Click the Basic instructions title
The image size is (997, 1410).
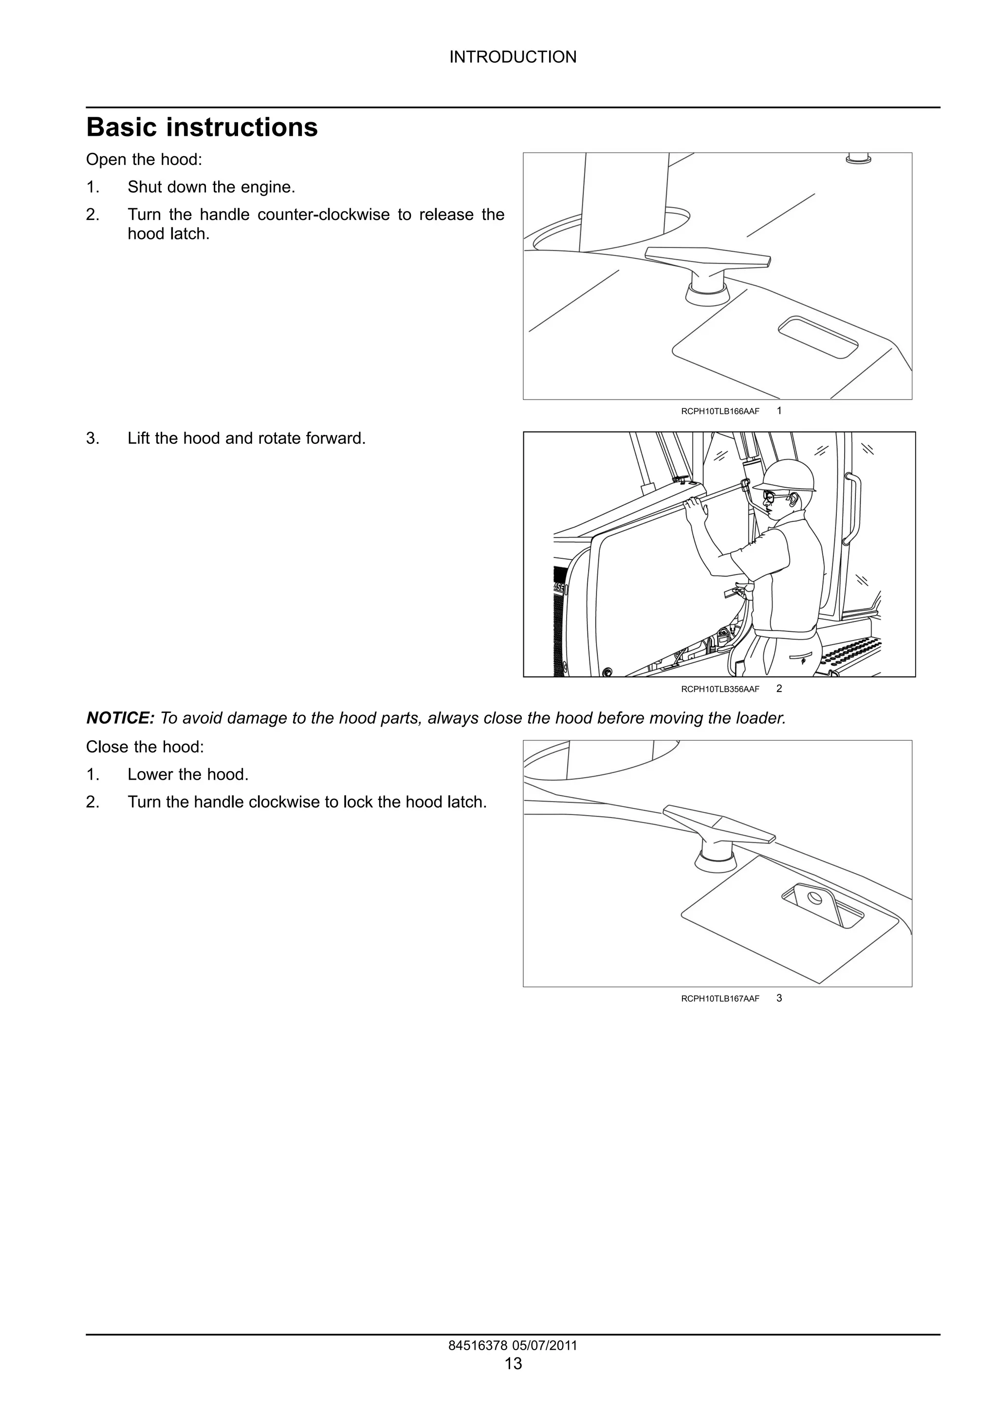click(202, 127)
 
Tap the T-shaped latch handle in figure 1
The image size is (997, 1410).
click(707, 257)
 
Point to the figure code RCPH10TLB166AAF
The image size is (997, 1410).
click(720, 411)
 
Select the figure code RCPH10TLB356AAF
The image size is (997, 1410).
click(720, 689)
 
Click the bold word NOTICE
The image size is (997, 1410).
click(120, 718)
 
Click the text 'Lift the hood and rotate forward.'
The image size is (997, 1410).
click(246, 439)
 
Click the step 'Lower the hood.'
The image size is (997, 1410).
click(188, 774)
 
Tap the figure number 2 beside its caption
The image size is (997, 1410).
click(779, 688)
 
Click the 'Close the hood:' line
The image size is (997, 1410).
click(145, 747)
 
